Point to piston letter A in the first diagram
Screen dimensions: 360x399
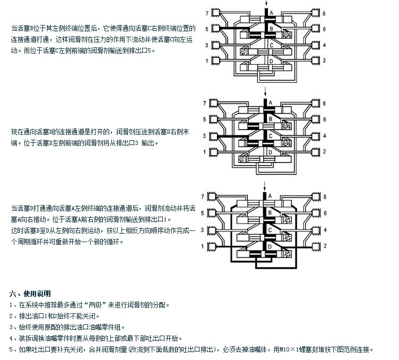(x=271, y=12)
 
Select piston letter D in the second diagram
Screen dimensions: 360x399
(x=271, y=152)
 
